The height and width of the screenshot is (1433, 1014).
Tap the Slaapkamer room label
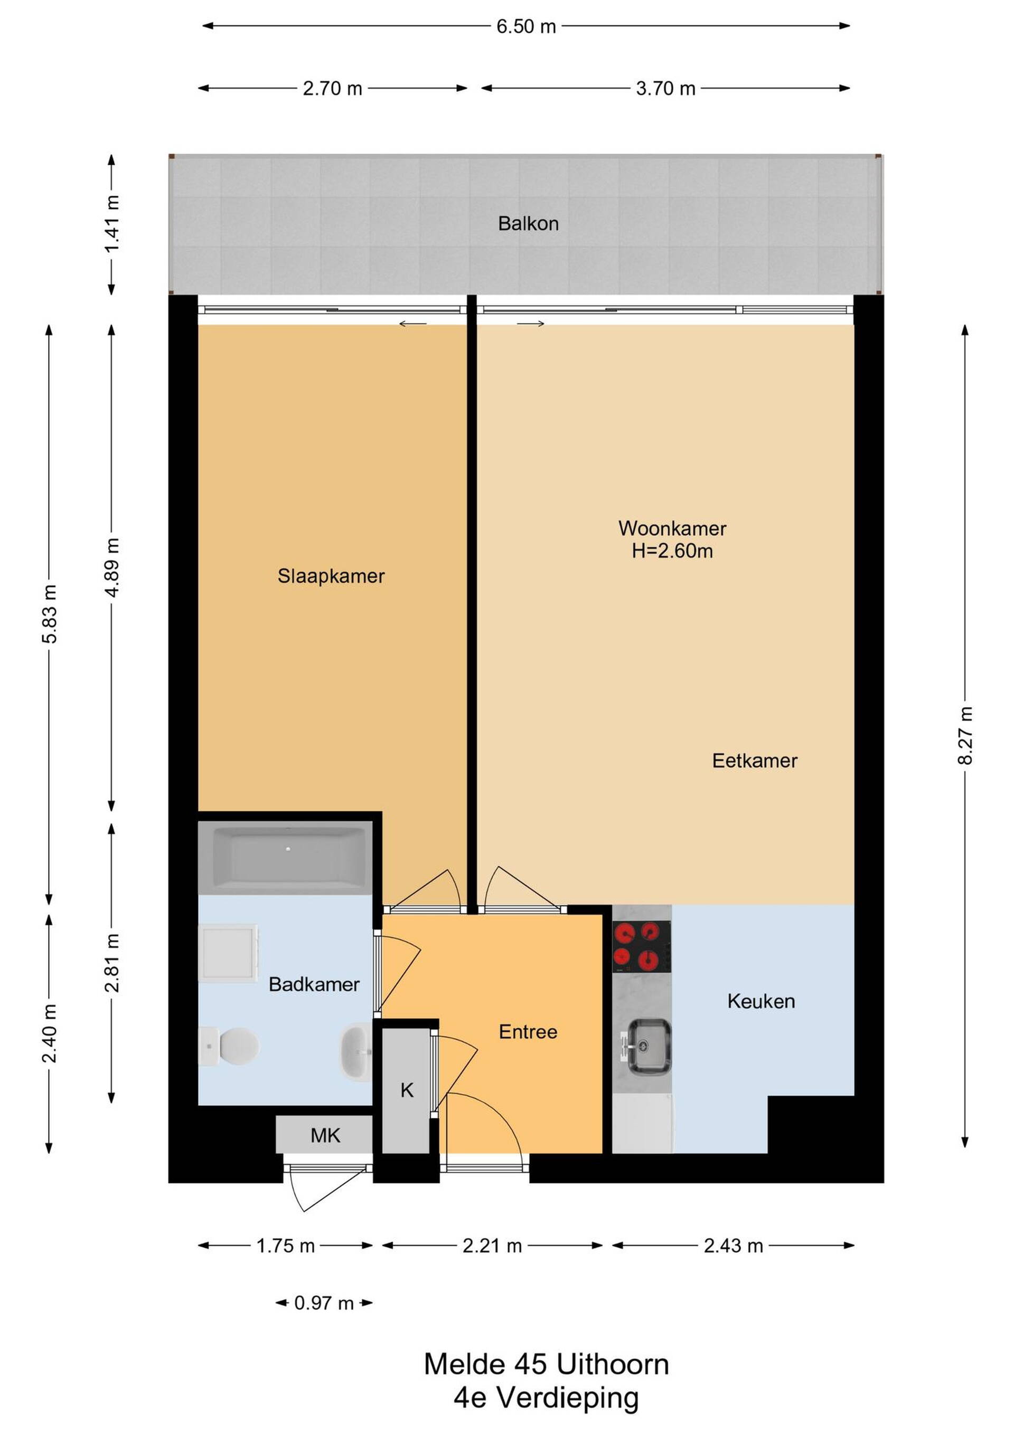pos(331,576)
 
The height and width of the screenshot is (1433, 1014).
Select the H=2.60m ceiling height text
pos(672,551)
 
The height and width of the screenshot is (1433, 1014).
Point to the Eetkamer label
pos(755,761)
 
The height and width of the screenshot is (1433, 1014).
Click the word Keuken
pos(761,1002)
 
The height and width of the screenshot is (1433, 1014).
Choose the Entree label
pos(528,1032)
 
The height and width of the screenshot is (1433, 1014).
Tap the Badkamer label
pos(314,985)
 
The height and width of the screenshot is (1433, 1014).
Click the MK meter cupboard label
pos(325,1136)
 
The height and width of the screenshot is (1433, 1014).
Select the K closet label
pos(407,1090)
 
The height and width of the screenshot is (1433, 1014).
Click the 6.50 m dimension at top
pos(527,26)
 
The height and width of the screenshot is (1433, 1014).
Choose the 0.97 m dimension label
pos(324,1303)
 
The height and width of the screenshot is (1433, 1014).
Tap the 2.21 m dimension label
pos(492,1246)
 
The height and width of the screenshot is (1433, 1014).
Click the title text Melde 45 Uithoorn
pos(546,1364)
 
